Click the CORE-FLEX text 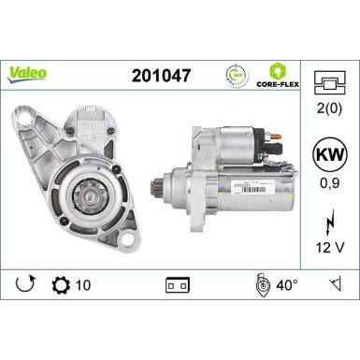click(278, 83)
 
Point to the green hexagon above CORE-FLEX click(278, 69)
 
